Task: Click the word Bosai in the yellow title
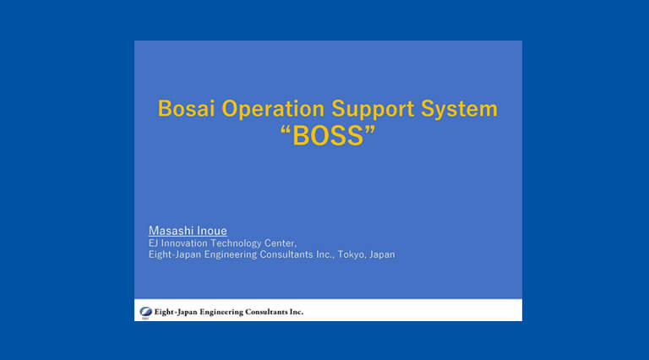coord(186,108)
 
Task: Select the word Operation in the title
coord(273,110)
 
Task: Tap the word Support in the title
coord(373,110)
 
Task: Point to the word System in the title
coord(459,110)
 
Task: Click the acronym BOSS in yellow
coord(328,136)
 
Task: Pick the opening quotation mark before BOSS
coord(285,130)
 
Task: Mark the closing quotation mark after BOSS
coord(370,130)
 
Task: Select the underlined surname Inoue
coord(211,231)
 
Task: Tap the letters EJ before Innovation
coord(153,243)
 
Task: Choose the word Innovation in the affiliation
coord(184,243)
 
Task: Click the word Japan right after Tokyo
coord(382,254)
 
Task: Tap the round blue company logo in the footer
coord(145,312)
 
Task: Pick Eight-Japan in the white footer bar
coord(176,312)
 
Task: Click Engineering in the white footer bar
coord(221,312)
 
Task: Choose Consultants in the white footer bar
coord(266,312)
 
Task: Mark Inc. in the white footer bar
coord(297,312)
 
